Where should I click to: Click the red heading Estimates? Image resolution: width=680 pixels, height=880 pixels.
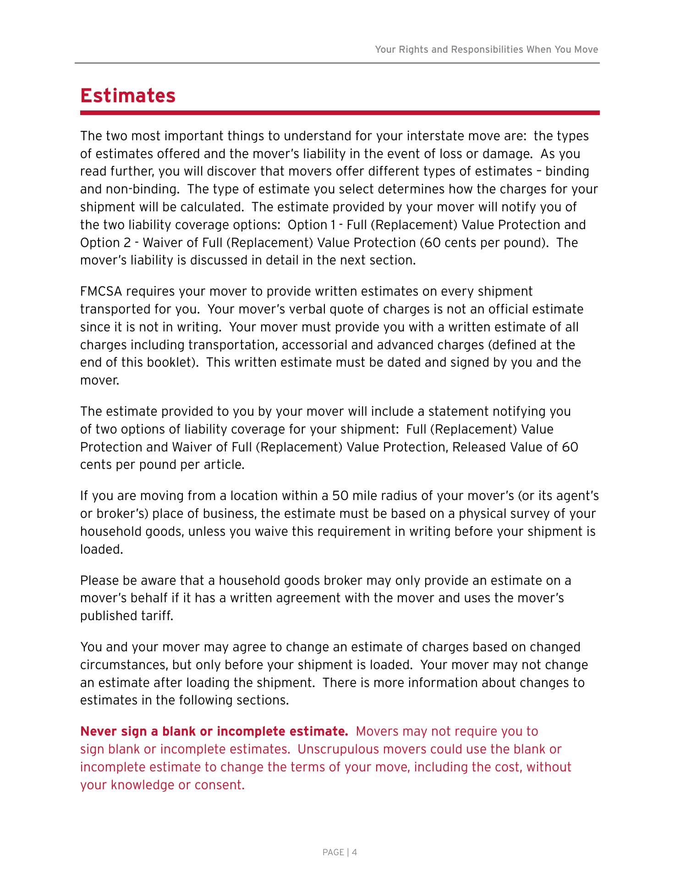pyautogui.click(x=128, y=96)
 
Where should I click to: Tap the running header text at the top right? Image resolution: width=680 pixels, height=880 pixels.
pyautogui.click(x=486, y=49)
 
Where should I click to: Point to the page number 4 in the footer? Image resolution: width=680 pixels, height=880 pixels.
pyautogui.click(x=355, y=852)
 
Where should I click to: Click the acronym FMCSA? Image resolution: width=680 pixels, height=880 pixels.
pyautogui.click(x=101, y=291)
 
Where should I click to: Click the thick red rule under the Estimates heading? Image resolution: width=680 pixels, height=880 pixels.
pyautogui.click(x=340, y=113)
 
